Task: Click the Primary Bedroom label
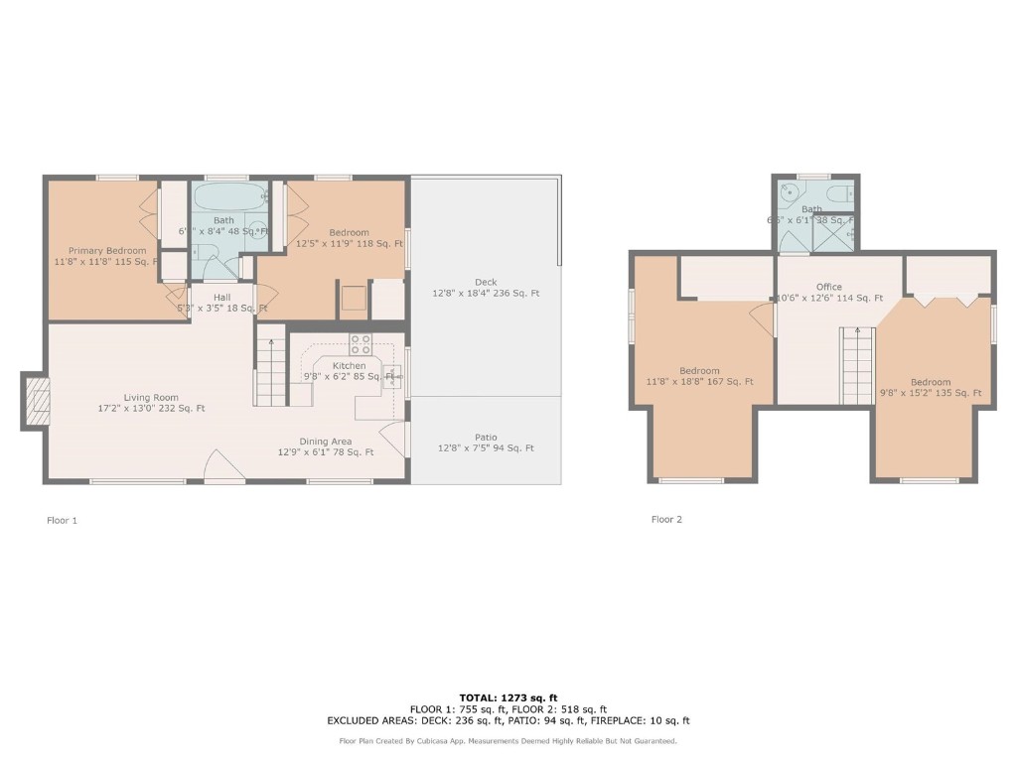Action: [106, 251]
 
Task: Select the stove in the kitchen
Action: [361, 344]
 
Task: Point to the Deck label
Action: [486, 282]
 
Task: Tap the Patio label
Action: [486, 437]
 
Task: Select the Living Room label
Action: [151, 397]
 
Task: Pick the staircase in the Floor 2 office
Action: [857, 367]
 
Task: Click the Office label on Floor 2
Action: [828, 287]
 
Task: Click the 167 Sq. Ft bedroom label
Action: [700, 371]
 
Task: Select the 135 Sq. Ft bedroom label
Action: [931, 382]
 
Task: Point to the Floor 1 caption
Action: [62, 520]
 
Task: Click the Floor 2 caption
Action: [666, 519]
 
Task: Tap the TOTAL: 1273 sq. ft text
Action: [508, 698]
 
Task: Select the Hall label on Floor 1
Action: [221, 296]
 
